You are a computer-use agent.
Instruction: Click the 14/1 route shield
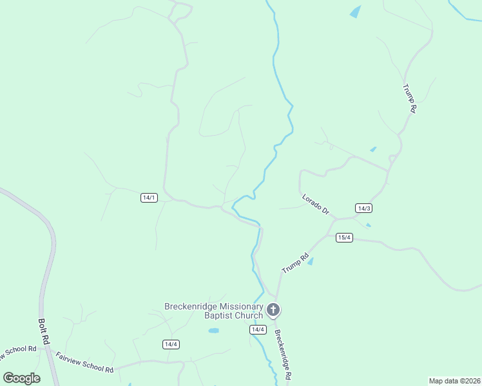[x=149, y=198]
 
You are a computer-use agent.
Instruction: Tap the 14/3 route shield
[x=363, y=208]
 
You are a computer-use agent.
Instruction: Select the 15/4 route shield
[x=344, y=237]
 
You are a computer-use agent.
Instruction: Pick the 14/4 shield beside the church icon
[x=258, y=329]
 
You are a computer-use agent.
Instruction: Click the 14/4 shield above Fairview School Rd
[x=171, y=344]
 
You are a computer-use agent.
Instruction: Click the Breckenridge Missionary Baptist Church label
[x=214, y=311]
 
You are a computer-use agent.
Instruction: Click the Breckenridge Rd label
[x=284, y=354]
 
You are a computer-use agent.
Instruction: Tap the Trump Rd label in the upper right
[x=409, y=98]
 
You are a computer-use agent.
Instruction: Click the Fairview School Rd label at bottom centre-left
[x=84, y=361]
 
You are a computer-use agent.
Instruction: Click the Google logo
[x=21, y=378]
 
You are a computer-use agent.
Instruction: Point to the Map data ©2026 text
[x=454, y=380]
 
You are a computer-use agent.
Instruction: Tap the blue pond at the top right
[x=355, y=12]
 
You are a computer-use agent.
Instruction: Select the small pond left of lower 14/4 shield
[x=214, y=331]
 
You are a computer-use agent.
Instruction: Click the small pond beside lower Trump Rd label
[x=310, y=261]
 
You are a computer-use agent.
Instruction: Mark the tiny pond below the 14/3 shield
[x=368, y=225]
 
